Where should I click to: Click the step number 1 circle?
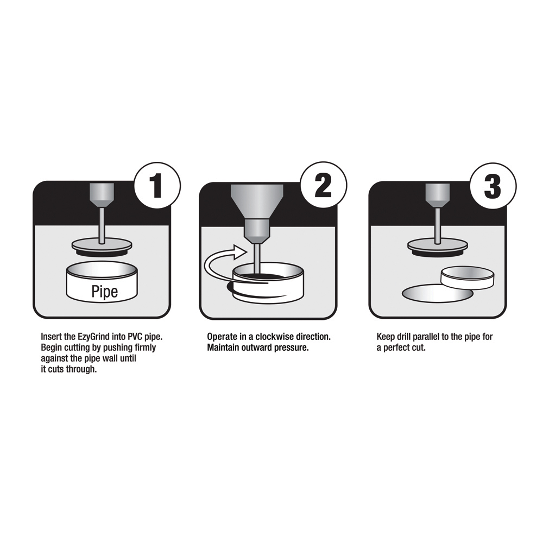coord(157,186)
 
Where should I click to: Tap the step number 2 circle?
coord(324,186)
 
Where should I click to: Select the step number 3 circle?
coord(493,186)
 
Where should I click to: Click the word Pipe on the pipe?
coord(105,291)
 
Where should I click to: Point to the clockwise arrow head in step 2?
coord(239,252)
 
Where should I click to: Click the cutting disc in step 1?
coord(102,247)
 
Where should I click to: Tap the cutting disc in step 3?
coord(438,247)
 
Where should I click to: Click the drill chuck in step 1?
coord(102,195)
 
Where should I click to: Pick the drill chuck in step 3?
coord(438,195)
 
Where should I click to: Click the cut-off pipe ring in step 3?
coord(468,277)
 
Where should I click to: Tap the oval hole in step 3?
coord(438,294)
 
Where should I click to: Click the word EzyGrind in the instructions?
coord(91,337)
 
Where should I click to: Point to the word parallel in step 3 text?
coord(426,337)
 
